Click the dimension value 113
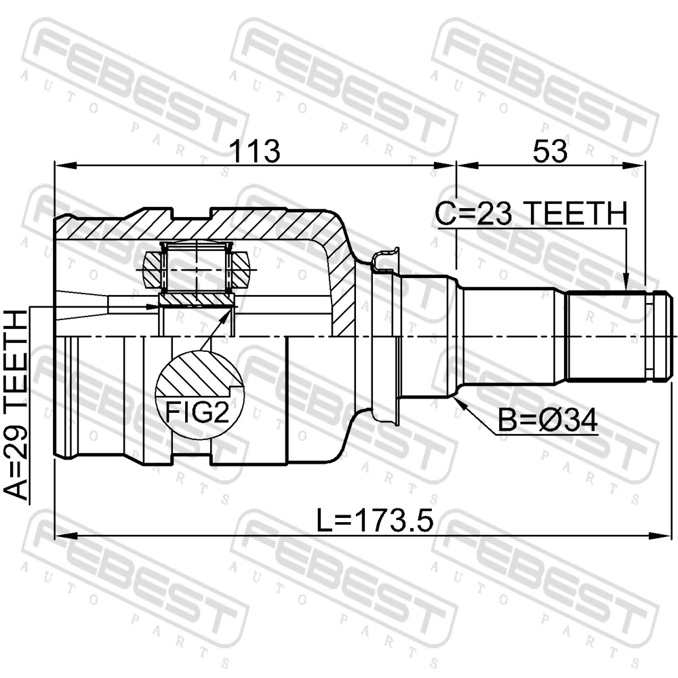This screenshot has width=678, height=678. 255,151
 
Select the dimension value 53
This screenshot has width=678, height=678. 550,151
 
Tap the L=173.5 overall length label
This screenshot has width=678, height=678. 374,520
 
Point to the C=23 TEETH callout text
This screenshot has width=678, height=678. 531,213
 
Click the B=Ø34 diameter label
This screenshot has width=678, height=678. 547,420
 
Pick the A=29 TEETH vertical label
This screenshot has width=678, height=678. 16,405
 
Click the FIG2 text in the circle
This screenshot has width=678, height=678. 197,412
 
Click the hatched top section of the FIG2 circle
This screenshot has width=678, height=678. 198,374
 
